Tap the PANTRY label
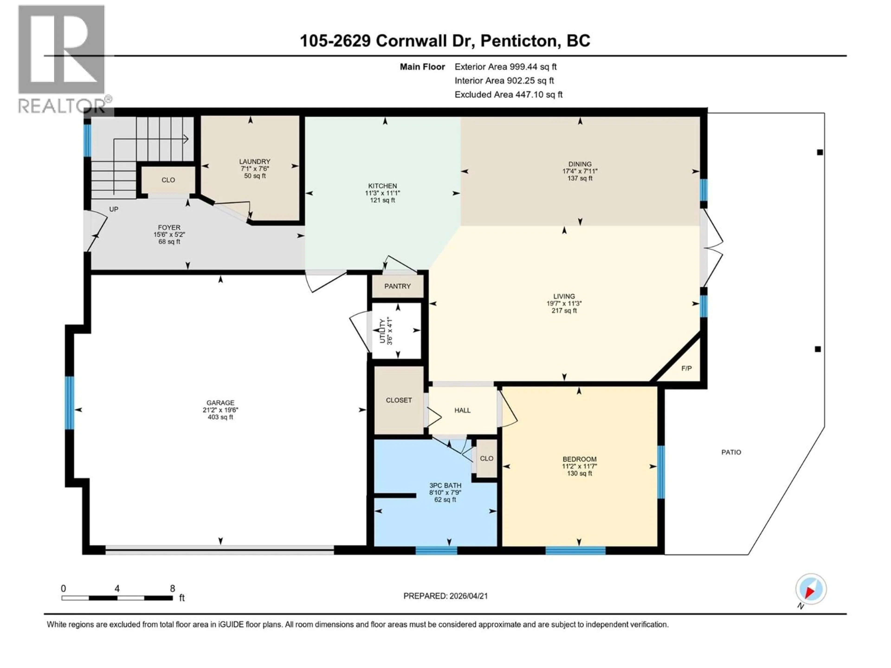(x=397, y=286)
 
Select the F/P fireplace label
(x=686, y=368)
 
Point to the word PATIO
(x=731, y=452)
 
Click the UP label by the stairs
(x=114, y=209)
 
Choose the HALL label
(x=462, y=410)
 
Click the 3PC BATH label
(x=445, y=486)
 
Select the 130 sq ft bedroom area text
(x=579, y=474)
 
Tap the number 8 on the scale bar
(x=172, y=589)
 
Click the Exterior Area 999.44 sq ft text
(x=506, y=67)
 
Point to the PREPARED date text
(x=445, y=596)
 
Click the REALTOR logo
(x=62, y=58)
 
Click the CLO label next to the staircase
(x=168, y=180)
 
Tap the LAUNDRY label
(x=255, y=161)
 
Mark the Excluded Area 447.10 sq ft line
(x=508, y=95)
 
